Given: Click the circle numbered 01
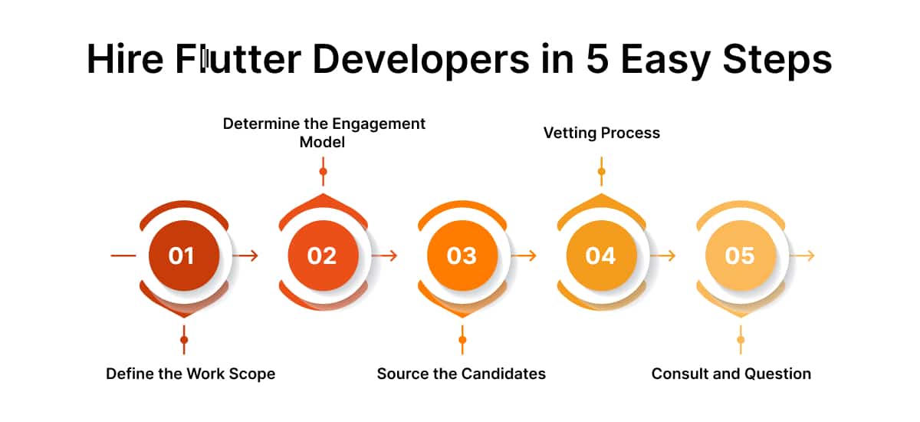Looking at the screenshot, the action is click(x=184, y=256).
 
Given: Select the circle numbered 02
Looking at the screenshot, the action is click(x=324, y=256).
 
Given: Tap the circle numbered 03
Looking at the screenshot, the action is click(x=462, y=256).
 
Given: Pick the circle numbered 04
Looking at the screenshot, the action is click(x=602, y=256).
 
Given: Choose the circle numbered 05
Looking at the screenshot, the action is click(x=741, y=256).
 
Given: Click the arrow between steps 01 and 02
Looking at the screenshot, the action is click(x=245, y=256).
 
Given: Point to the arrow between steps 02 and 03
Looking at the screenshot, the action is click(x=385, y=256).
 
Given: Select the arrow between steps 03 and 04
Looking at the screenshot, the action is click(x=524, y=256).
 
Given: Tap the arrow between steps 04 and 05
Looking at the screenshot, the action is click(x=663, y=256).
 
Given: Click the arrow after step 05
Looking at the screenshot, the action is click(x=802, y=256).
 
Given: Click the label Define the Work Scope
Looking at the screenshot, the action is click(x=191, y=374).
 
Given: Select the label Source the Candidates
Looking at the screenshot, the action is click(x=462, y=374).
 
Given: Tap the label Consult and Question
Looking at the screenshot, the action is click(x=731, y=374).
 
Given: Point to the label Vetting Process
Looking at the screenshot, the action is click(x=602, y=134).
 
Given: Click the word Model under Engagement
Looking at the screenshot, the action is click(x=322, y=142).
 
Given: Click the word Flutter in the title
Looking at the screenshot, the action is click(x=238, y=59).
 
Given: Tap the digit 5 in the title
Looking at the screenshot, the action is click(x=597, y=59).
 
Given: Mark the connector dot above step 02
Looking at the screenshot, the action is click(x=324, y=171).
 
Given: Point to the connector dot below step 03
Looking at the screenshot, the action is click(x=462, y=340).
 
